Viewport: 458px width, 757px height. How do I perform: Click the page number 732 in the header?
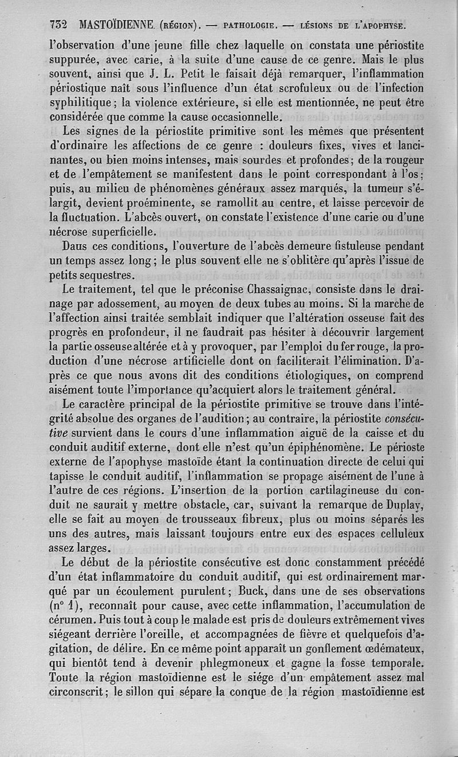59,25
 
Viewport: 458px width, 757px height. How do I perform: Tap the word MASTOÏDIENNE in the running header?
117,25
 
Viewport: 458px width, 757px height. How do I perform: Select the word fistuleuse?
358,246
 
